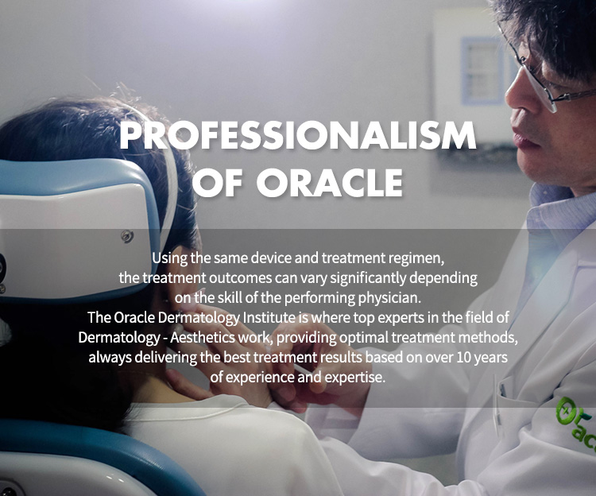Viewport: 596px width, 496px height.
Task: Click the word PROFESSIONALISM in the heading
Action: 298,136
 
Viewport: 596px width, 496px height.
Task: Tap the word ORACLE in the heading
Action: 330,183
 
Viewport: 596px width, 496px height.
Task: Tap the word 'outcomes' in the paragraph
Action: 240,278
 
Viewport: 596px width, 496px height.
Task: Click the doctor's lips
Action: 524,138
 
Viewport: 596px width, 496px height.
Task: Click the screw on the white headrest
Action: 127,236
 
